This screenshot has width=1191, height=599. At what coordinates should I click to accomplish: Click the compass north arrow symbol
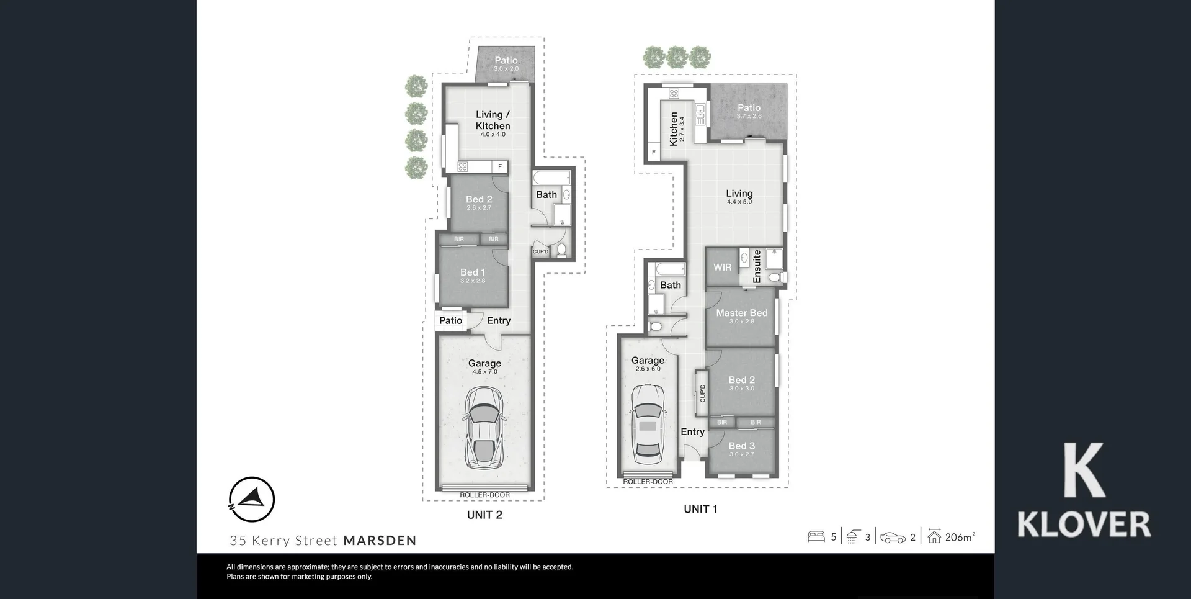coord(252,499)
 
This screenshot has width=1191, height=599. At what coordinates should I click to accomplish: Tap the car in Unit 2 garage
coord(484,428)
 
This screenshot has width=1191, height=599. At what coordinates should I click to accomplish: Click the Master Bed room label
coord(741,313)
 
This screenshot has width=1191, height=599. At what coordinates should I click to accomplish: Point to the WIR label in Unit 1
coord(722,268)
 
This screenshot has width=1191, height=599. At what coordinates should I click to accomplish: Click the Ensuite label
coord(757,267)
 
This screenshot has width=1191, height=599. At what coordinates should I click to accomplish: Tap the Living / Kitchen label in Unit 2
coord(493,120)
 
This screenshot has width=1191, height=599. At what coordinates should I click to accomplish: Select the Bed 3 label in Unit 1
coord(741,446)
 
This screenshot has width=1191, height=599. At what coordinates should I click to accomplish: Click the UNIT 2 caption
coord(484,515)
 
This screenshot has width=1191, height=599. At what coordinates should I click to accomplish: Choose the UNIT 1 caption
coord(700,509)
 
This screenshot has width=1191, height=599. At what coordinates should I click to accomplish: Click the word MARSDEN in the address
coord(380,541)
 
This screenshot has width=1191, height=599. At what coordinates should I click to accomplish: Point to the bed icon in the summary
coord(816,536)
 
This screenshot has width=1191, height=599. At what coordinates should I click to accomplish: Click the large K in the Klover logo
coord(1084,470)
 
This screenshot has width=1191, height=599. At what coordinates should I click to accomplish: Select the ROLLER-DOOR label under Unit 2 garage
coord(484,495)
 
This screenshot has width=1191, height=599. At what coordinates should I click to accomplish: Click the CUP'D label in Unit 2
coord(540,251)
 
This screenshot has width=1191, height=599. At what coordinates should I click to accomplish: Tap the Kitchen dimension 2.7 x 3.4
coord(682,129)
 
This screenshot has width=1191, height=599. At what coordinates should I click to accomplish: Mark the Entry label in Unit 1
coord(692,432)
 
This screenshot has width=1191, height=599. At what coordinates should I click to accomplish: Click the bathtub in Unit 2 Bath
coord(551,178)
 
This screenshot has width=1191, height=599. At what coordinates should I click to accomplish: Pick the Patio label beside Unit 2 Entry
coord(450,321)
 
